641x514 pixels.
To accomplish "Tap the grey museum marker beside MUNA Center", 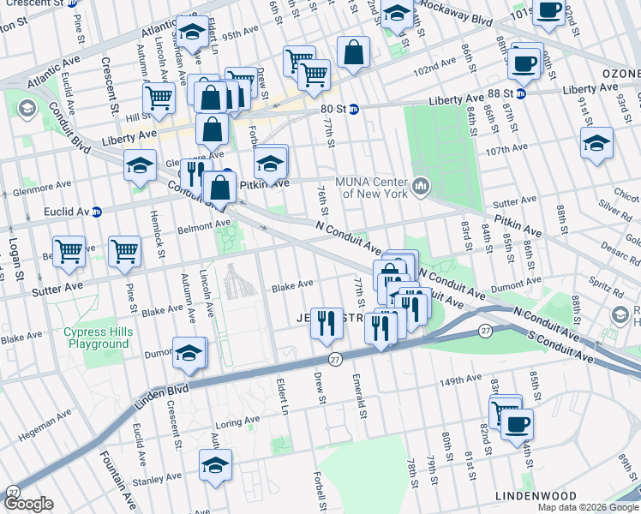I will pos(421,186).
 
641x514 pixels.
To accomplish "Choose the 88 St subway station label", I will pos(532,90).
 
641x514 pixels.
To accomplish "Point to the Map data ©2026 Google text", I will pos(588,507).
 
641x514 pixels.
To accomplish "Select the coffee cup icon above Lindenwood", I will pos(516,423).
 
